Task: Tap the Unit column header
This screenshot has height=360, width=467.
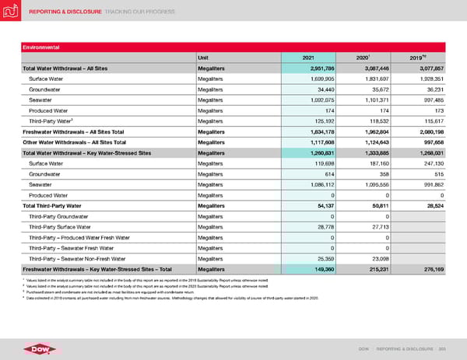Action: coord(206,56)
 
